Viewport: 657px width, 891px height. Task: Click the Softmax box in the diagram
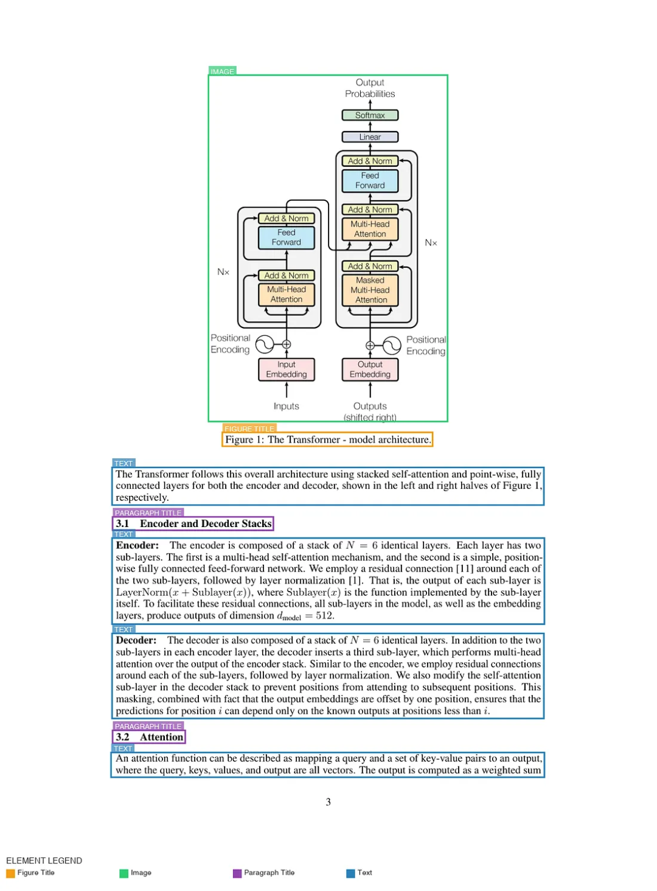tap(370, 116)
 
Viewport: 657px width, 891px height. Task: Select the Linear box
tap(370, 137)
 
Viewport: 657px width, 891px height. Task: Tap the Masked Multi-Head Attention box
tap(370, 290)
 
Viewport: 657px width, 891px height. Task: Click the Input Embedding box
tap(287, 369)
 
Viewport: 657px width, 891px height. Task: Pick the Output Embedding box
tap(370, 369)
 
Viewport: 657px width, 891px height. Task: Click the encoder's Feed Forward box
tap(287, 237)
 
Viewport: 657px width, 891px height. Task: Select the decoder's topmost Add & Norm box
tap(370, 161)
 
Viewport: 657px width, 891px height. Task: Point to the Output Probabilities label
tap(370, 88)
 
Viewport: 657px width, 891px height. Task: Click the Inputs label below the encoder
tap(287, 406)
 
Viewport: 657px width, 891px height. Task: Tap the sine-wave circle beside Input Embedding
tap(265, 344)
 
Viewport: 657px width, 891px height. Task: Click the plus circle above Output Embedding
tap(370, 346)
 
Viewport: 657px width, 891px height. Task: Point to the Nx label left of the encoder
tap(223, 272)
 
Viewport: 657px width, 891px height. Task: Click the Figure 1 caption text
tap(328, 439)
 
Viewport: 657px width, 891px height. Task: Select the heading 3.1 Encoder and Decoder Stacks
tap(193, 523)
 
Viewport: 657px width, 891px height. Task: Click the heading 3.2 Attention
tap(150, 737)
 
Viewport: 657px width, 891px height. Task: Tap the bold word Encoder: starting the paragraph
tap(137, 545)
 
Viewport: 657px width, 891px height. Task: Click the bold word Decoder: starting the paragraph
tap(136, 640)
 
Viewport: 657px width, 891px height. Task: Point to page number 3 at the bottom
tap(328, 802)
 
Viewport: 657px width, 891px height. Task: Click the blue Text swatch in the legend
tap(350, 873)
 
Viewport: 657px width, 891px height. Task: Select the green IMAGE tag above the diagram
tap(222, 71)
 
